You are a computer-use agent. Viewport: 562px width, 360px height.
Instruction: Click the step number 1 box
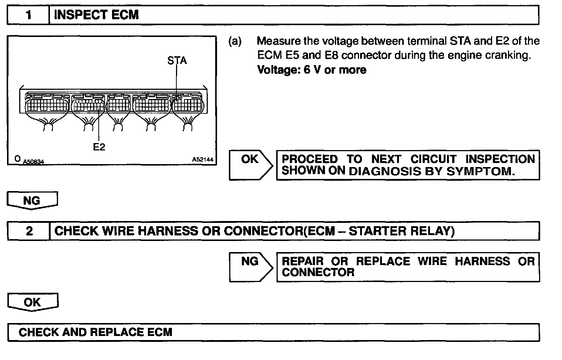point(28,15)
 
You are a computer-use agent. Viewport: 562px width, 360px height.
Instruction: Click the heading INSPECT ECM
point(97,15)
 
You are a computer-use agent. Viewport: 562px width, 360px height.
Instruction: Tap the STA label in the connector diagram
point(177,61)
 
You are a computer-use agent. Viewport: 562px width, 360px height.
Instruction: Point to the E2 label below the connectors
point(99,147)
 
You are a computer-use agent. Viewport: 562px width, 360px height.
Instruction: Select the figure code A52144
point(203,159)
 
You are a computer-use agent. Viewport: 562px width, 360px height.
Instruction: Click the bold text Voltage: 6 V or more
point(312,70)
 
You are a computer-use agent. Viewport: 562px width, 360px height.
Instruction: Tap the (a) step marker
point(235,41)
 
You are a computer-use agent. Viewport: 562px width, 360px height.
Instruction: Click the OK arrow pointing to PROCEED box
point(251,165)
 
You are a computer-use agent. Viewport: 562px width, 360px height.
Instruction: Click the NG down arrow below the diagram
point(33,200)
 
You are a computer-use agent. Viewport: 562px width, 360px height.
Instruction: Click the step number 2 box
point(28,231)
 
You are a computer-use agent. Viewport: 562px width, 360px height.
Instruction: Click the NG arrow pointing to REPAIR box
point(251,267)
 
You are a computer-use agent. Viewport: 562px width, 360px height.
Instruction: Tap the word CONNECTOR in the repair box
point(318,272)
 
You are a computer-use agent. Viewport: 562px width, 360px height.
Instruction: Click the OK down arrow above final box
point(33,302)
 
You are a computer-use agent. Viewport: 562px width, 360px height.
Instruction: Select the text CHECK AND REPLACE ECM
point(95,332)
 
